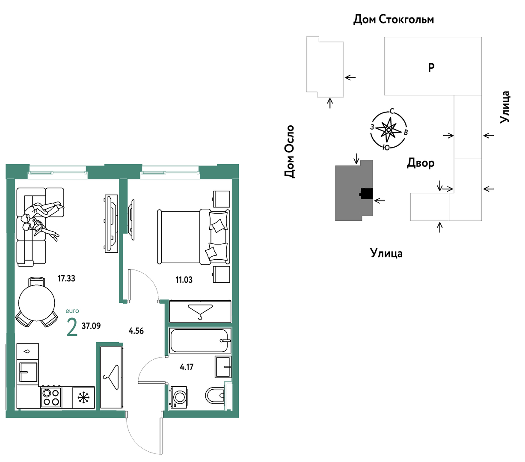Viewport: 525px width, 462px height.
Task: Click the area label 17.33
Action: pyautogui.click(x=66, y=278)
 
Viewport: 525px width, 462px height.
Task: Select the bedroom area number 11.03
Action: pyautogui.click(x=184, y=280)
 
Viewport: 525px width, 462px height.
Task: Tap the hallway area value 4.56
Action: pyautogui.click(x=136, y=331)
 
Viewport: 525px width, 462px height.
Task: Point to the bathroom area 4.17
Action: pyautogui.click(x=187, y=367)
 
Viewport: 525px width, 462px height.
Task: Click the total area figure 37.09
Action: pyautogui.click(x=91, y=326)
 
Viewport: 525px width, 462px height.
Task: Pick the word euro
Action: pyautogui.click(x=72, y=311)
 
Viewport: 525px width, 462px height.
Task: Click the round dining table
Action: pyautogui.click(x=36, y=303)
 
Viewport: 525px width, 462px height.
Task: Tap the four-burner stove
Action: pyautogui.click(x=51, y=397)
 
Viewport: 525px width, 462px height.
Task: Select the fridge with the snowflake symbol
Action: pyautogui.click(x=84, y=398)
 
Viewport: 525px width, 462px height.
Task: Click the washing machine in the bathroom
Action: pyautogui.click(x=178, y=397)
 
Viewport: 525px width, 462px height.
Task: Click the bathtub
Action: pyautogui.click(x=200, y=341)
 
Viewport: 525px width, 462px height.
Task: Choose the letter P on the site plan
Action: pyautogui.click(x=431, y=68)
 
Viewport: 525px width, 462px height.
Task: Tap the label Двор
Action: pyautogui.click(x=420, y=163)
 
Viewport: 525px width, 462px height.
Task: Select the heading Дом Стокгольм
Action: pyautogui.click(x=393, y=19)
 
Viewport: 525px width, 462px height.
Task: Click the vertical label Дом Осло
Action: pyautogui.click(x=290, y=151)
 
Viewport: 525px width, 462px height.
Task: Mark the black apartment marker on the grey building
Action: pyautogui.click(x=366, y=193)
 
